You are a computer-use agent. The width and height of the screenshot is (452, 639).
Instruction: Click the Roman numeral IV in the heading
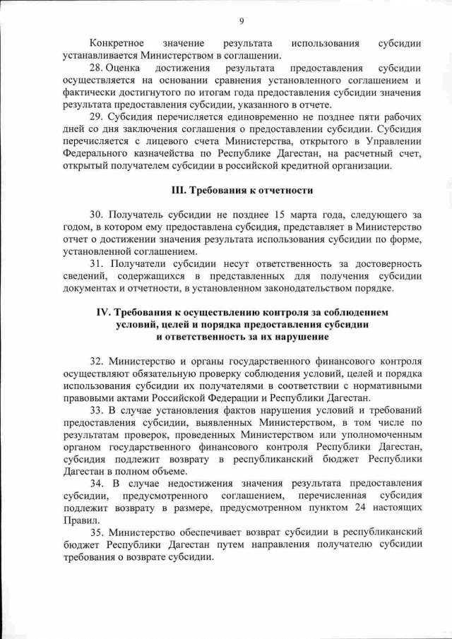pyautogui.click(x=103, y=311)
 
